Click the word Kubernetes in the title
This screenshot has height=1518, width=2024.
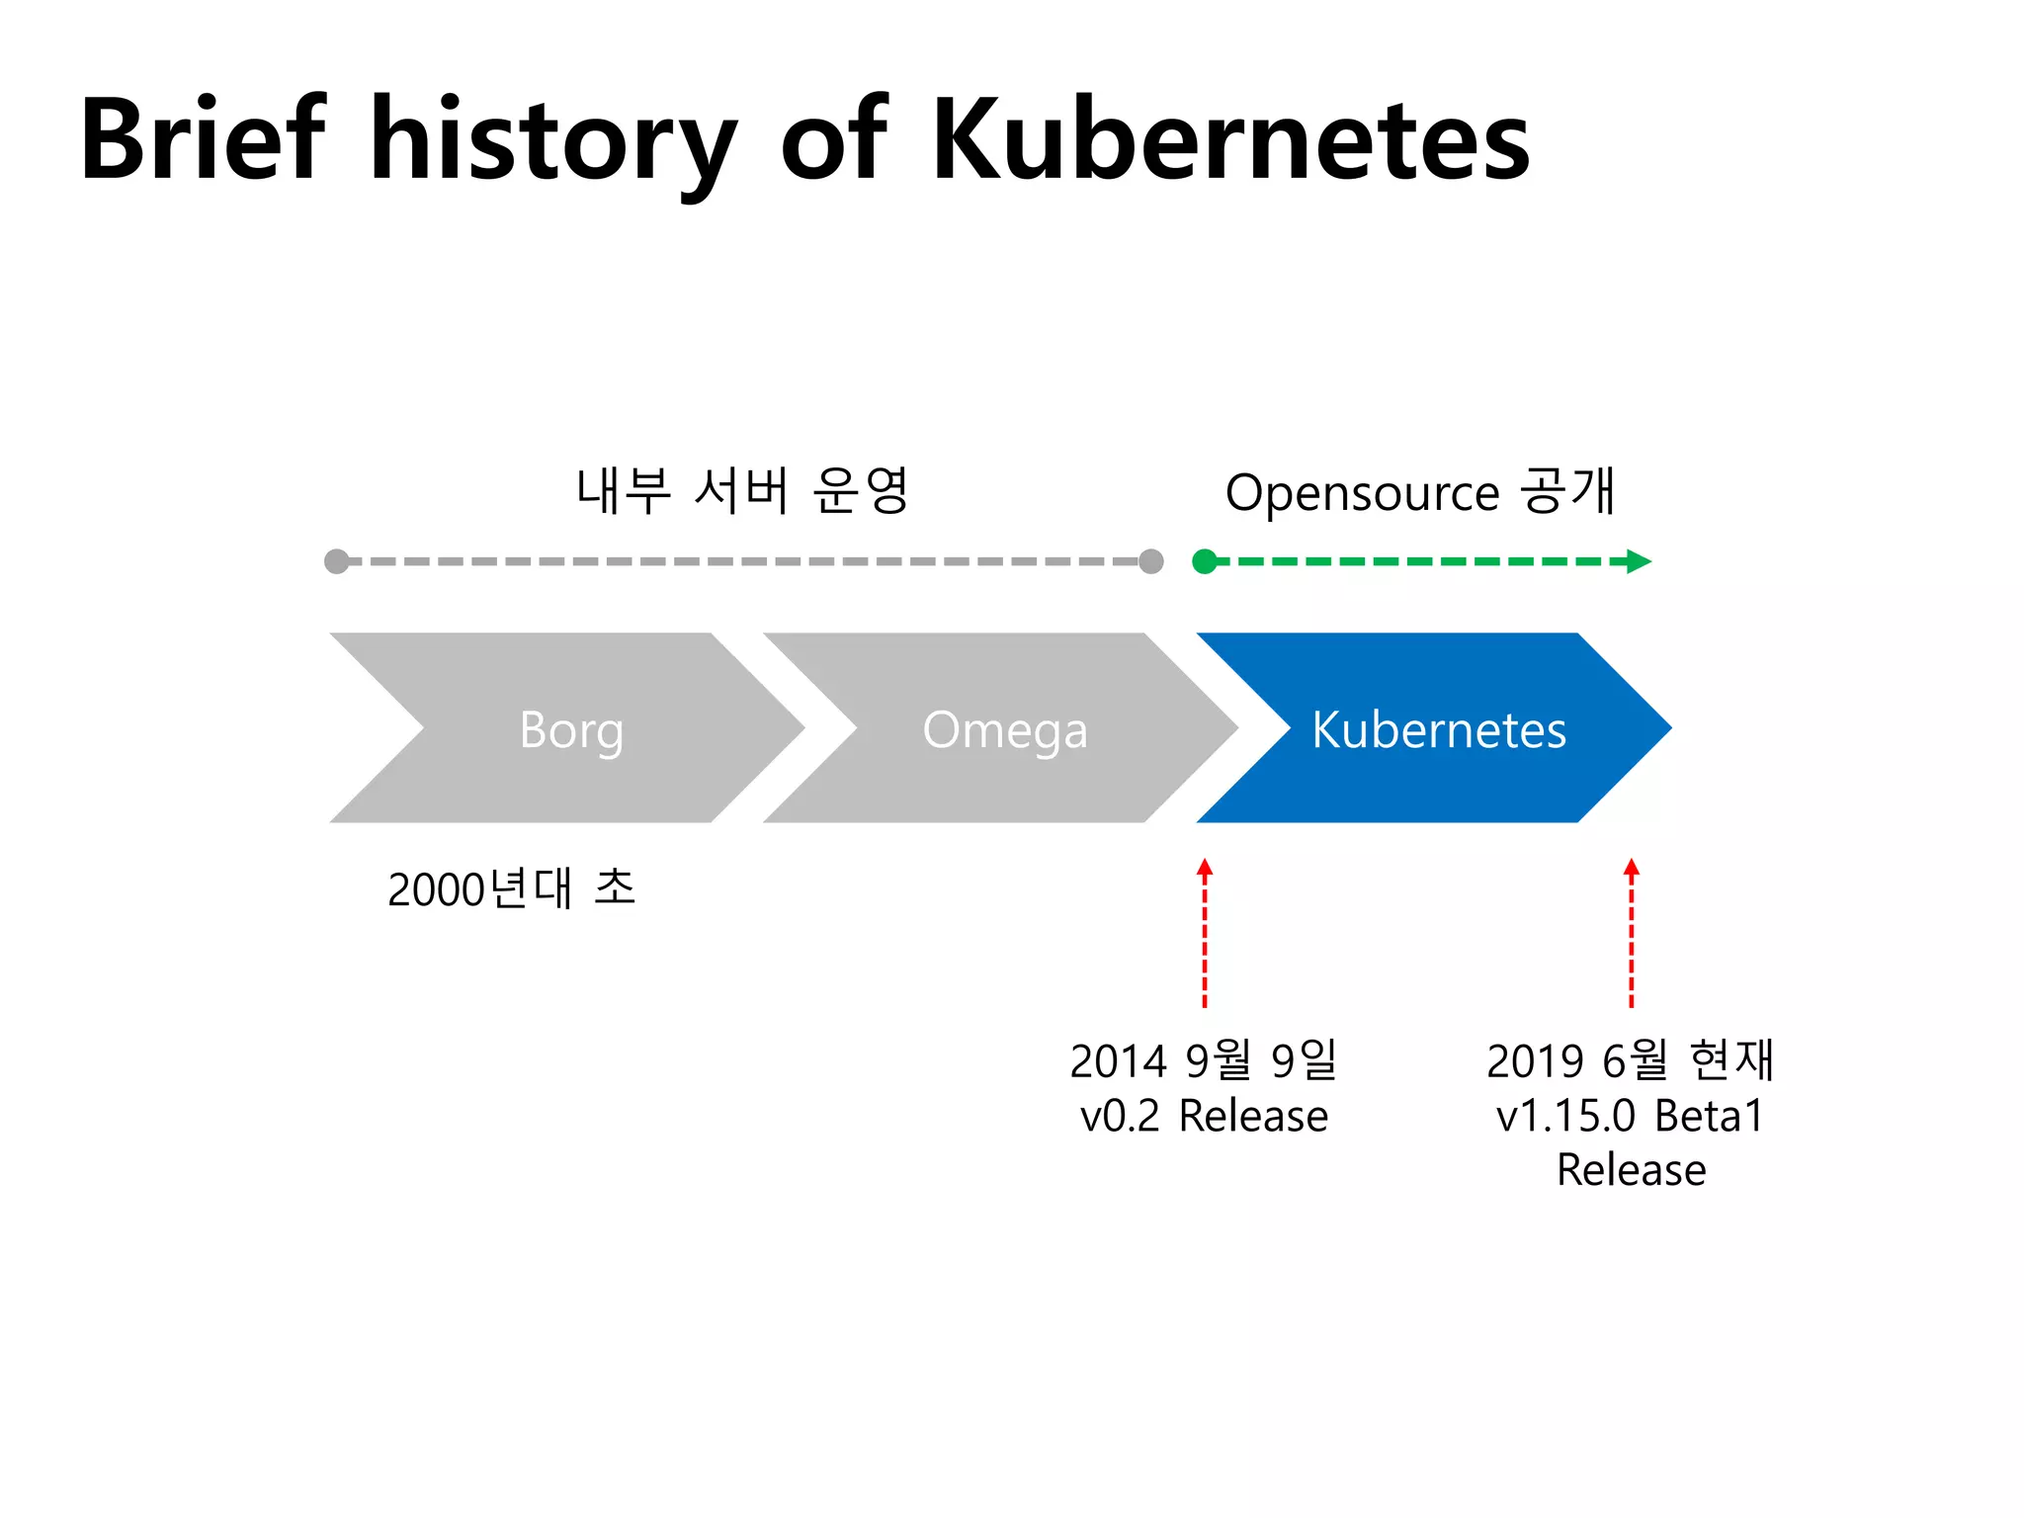1230,140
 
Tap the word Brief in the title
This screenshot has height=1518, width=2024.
203,140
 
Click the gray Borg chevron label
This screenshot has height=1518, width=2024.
571,730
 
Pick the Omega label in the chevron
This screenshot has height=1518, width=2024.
1005,730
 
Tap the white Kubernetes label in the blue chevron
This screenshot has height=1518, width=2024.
1438,730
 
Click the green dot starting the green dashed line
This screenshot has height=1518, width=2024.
1205,561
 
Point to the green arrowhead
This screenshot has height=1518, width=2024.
1639,561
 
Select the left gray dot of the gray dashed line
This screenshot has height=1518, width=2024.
337,561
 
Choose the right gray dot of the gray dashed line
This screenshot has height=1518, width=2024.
1151,561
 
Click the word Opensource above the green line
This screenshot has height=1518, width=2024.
1362,492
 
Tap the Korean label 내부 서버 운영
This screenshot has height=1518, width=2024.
742,490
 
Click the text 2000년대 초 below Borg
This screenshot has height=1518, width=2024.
511,888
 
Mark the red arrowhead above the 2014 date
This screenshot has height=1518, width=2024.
1205,869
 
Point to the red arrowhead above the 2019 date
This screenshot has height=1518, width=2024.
1632,869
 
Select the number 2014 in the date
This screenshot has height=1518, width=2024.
1119,1061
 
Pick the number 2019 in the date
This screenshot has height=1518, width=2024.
1536,1061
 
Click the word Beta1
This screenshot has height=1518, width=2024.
1710,1116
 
